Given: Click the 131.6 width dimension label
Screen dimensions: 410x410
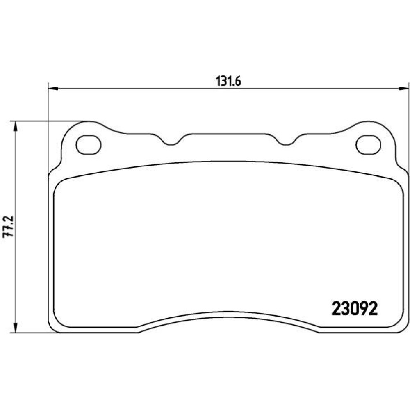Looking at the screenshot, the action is click(228, 82).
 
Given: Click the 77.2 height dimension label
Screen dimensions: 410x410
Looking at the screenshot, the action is click(8, 226).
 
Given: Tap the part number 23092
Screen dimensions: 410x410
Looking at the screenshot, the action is click(355, 309).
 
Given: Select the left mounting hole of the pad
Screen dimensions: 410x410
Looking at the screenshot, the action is click(89, 144).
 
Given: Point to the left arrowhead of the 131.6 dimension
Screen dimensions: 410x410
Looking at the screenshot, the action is click(53, 89).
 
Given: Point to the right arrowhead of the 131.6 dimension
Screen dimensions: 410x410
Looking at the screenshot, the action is click(403, 89).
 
